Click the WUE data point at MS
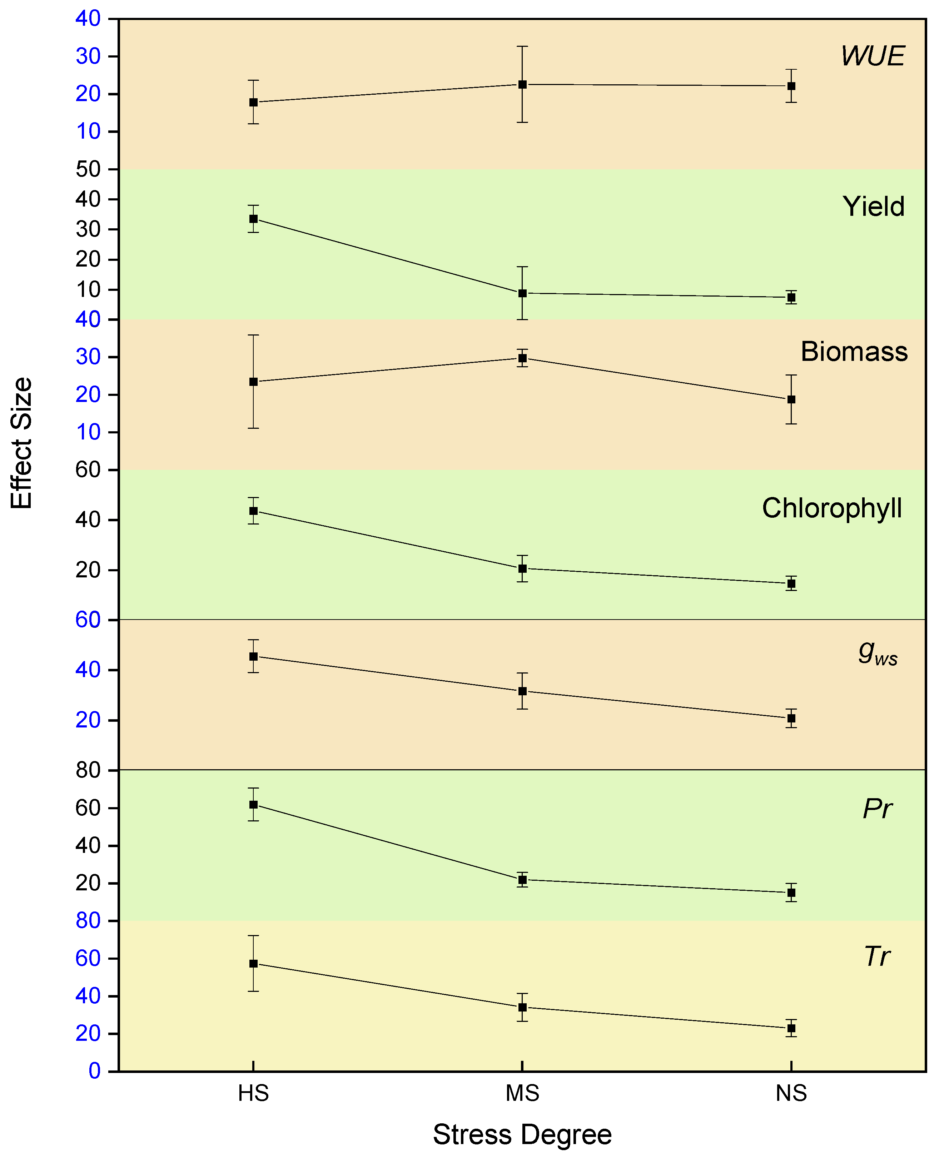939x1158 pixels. click(522, 84)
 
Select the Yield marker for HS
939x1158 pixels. click(253, 219)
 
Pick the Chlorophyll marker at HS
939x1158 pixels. click(253, 511)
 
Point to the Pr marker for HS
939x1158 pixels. click(253, 804)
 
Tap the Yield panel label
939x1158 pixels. click(873, 207)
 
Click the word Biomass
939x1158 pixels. click(854, 352)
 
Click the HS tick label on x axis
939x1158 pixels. click(253, 1093)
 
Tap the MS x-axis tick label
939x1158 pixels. click(522, 1093)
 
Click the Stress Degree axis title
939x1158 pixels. click(522, 1134)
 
